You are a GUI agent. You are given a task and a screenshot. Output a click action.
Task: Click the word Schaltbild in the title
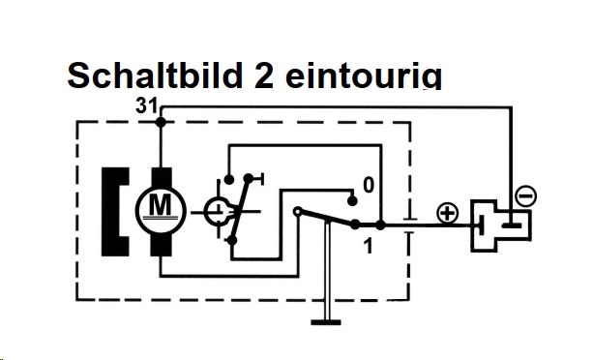coord(155,75)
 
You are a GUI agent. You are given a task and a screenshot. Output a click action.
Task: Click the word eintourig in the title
coord(364,75)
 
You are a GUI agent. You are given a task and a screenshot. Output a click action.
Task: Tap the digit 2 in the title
coord(263,75)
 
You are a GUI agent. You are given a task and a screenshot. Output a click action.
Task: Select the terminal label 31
coord(146,105)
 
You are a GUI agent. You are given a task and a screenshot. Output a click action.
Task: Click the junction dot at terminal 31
coord(161,122)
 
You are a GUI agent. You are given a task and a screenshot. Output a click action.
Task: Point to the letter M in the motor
coord(161,204)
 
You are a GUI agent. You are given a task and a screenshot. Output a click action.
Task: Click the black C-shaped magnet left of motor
coord(115,212)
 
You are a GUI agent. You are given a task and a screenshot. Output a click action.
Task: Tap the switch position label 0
coord(369,186)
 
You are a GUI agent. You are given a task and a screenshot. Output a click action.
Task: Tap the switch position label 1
coord(368,246)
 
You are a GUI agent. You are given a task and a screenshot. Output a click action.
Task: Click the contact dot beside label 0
coord(352,201)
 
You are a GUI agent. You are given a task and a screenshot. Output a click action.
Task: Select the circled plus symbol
coord(448,213)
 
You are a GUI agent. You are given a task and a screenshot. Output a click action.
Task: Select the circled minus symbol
coord(525,196)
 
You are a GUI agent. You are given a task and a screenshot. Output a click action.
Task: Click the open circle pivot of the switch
coord(298,211)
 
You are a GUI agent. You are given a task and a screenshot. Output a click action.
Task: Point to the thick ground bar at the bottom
coord(326,322)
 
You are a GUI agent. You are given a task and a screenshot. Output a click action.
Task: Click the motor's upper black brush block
coord(162,179)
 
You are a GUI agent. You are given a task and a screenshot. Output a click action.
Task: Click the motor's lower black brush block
coord(162,244)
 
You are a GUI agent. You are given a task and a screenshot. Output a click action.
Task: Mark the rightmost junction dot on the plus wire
coord(380,225)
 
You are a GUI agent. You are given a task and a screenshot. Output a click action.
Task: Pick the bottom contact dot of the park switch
coord(232,240)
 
